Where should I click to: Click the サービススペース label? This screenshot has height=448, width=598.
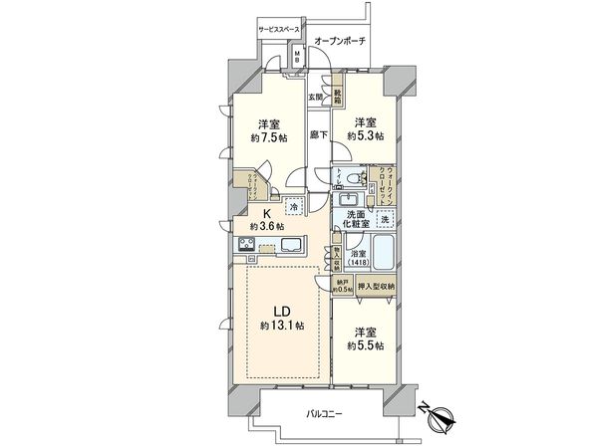tap(281, 31)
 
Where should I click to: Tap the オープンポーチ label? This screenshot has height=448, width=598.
tap(339, 40)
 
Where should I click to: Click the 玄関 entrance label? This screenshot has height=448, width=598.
tap(316, 96)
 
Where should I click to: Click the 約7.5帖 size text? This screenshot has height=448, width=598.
tap(266, 138)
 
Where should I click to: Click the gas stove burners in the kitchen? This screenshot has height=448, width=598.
tap(245, 245)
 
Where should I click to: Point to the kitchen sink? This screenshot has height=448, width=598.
tap(293, 245)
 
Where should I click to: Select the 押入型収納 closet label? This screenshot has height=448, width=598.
tap(377, 287)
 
